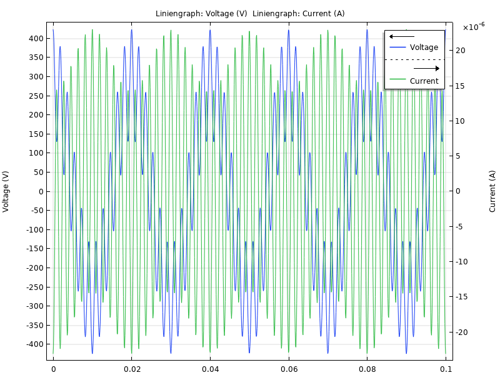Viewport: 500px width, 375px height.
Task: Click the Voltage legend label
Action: point(424,47)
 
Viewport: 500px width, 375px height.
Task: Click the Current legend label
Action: point(424,81)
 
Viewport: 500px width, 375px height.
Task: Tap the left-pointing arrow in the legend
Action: point(401,36)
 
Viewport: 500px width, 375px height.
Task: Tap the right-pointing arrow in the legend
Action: point(427,68)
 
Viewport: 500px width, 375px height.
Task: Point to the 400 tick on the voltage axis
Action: point(35,39)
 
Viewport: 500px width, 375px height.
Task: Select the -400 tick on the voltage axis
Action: point(34,344)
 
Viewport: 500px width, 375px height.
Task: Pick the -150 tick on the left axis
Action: point(34,249)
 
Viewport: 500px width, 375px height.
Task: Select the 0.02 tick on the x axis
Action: point(132,369)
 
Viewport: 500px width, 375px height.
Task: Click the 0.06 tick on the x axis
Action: point(289,369)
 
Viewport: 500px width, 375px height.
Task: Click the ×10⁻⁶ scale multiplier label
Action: point(473,27)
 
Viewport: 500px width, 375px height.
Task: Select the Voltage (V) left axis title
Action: point(6,191)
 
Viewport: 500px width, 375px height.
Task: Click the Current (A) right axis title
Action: point(492,191)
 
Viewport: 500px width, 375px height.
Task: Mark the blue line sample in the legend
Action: point(397,47)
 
